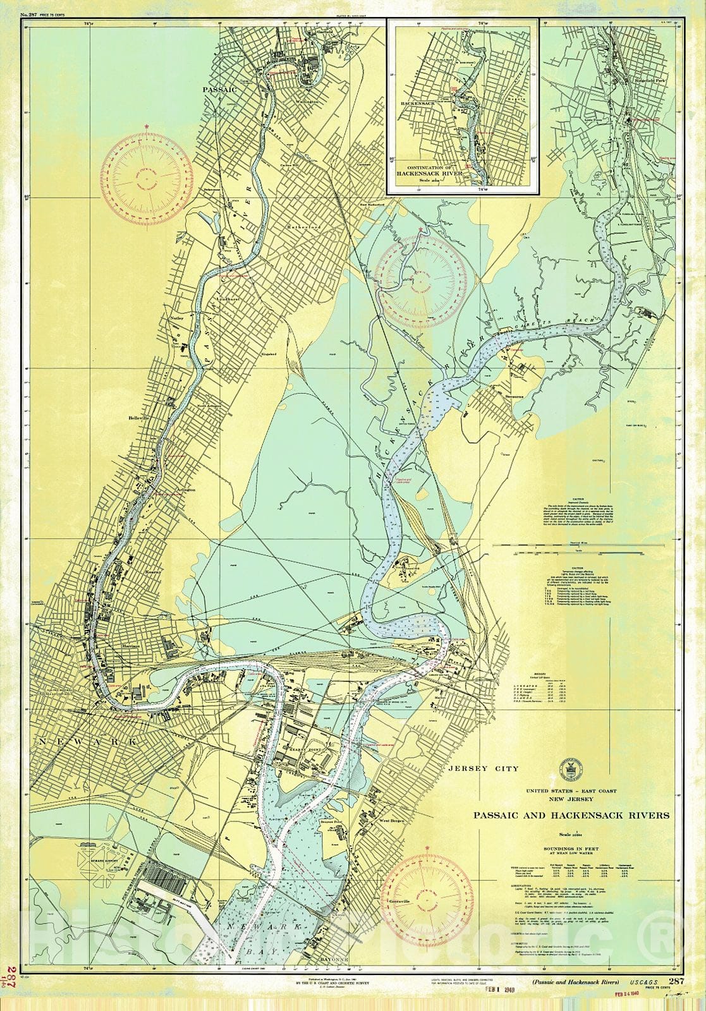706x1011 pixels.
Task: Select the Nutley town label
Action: pos(176,318)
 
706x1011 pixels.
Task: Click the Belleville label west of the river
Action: pos(137,418)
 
